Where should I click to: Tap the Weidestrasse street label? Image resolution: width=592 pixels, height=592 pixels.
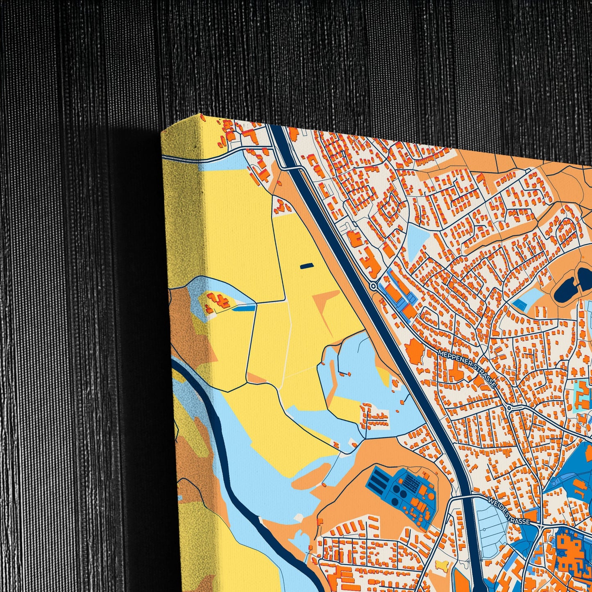[509, 510]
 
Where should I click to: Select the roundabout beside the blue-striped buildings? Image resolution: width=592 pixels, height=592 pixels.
[373, 286]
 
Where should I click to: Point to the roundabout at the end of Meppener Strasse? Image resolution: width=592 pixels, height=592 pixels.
[509, 408]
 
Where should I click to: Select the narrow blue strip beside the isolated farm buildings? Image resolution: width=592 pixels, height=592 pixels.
[243, 308]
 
